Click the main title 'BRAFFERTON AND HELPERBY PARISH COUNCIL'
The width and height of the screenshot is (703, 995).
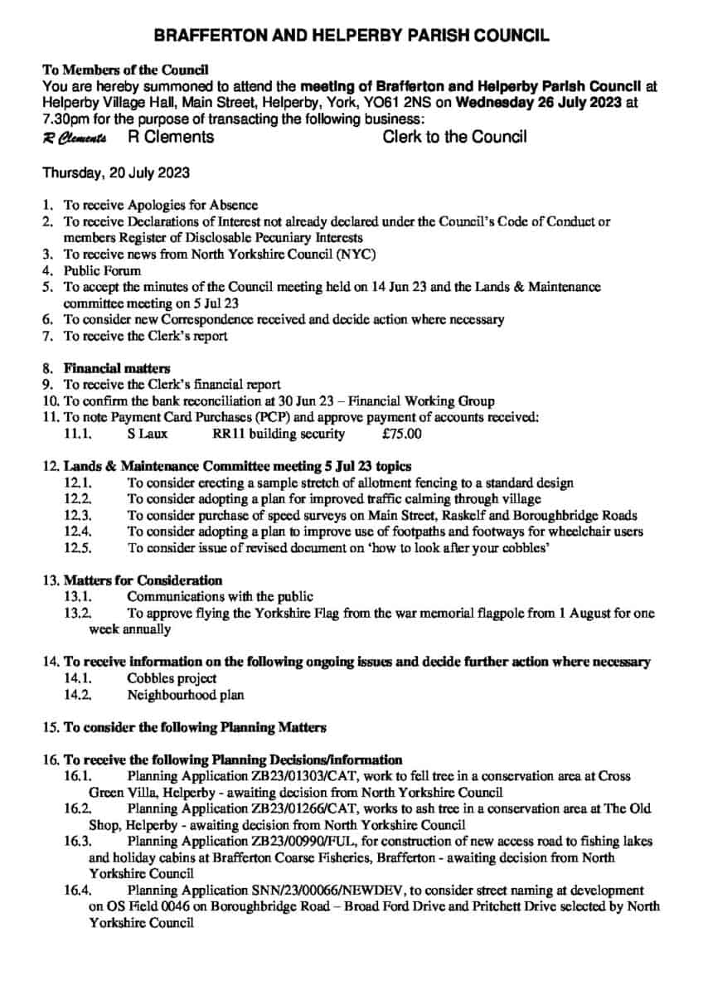coord(351,36)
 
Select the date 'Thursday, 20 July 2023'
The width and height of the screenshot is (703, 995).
coord(116,173)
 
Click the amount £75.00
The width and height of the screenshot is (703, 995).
coord(402,433)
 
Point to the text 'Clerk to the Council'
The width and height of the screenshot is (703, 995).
coord(454,137)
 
